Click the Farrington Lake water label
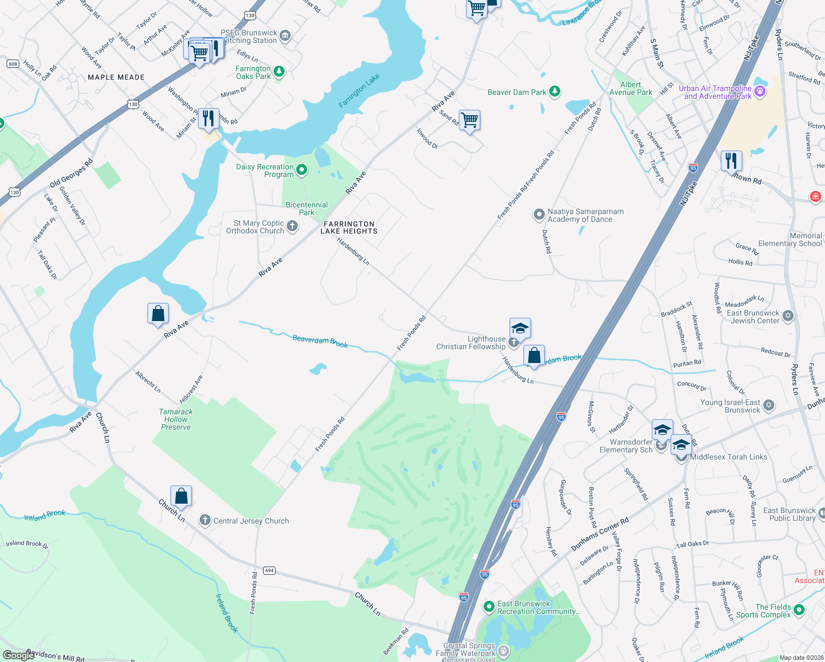coord(359,90)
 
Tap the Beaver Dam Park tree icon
coord(555,92)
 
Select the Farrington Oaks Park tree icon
coord(279,71)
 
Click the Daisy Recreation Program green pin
coord(302,169)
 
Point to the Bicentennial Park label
coord(307,209)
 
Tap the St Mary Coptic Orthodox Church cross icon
coord(292,226)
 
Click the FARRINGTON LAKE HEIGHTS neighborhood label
coord(349,228)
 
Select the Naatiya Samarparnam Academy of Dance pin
coord(539,215)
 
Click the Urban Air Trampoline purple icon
coord(760,91)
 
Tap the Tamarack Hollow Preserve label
coord(176,419)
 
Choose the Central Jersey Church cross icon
coord(205,520)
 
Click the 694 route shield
coord(269,570)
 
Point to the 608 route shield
coord(13,64)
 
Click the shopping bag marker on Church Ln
coord(181,496)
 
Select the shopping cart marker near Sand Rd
coord(470,120)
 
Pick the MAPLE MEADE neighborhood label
coord(116,77)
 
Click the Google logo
coord(18,655)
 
